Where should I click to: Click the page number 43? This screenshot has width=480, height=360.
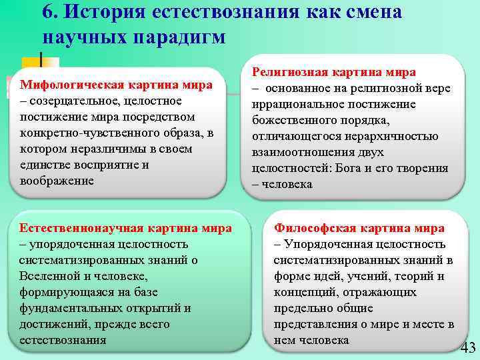(468, 348)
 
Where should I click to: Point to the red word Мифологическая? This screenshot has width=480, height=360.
(68, 85)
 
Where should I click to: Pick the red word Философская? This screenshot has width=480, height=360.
(314, 228)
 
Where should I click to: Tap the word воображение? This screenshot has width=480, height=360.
(57, 181)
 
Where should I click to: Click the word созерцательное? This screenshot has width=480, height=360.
(73, 101)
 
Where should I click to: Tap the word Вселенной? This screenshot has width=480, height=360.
(49, 276)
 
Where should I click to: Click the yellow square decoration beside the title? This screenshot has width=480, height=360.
(37, 67)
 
